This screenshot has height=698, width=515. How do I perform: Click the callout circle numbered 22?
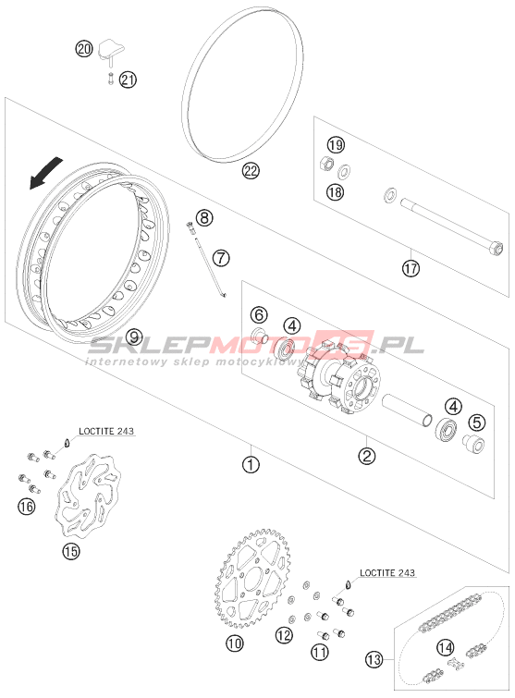pyautogui.click(x=251, y=170)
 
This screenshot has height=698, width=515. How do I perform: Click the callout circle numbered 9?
pyautogui.click(x=134, y=337)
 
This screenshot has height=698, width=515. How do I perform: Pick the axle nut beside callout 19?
pyautogui.click(x=327, y=164)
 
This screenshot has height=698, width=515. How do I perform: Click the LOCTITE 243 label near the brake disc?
pyautogui.click(x=106, y=431)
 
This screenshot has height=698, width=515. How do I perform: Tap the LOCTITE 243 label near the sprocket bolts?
pyautogui.click(x=387, y=572)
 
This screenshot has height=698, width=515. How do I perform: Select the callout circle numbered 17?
pyautogui.click(x=411, y=268)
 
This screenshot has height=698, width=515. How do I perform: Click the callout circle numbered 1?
pyautogui.click(x=251, y=465)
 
